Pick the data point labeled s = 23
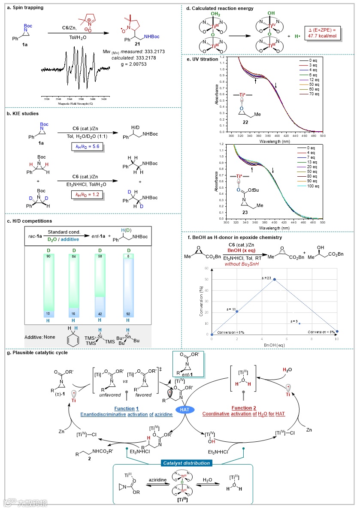click(x=275, y=279)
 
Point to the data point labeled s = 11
click(x=237, y=311)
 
